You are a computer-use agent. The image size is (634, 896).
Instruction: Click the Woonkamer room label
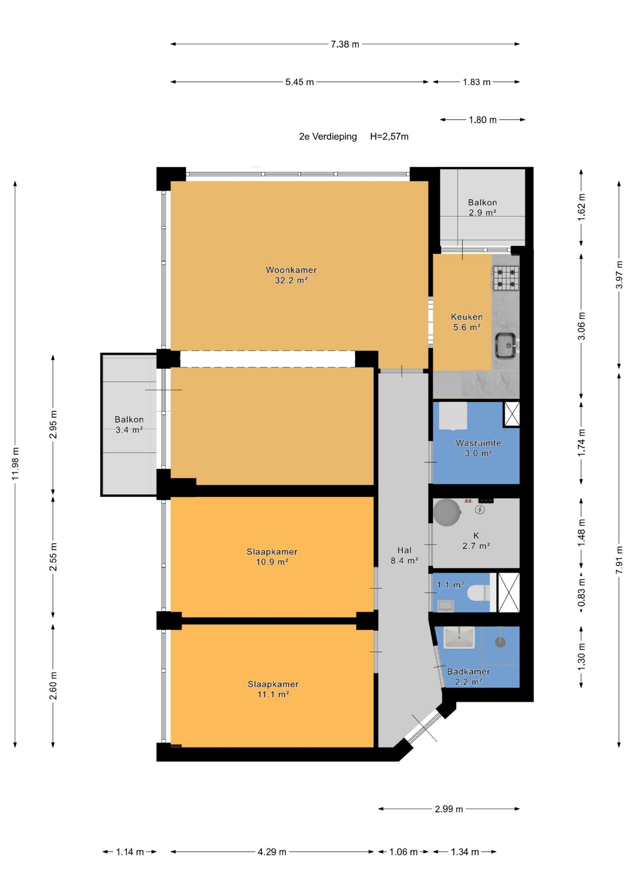291,270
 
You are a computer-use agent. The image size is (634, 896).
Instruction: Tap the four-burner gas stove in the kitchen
505,279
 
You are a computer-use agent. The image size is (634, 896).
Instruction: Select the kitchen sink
506,345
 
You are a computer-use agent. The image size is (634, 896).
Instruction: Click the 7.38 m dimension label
345,44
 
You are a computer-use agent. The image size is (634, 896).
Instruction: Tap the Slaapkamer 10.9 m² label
272,557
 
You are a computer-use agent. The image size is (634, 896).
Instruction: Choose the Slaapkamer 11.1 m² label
273,689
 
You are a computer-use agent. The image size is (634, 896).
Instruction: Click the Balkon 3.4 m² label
129,425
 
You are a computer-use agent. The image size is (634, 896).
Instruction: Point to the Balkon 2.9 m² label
483,207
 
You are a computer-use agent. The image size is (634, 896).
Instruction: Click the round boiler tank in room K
447,512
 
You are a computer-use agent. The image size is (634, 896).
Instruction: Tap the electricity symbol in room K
480,510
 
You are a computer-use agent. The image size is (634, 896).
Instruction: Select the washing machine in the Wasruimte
453,416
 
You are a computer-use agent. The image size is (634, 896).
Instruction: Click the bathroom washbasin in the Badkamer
459,637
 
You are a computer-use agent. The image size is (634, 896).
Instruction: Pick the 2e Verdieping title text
328,136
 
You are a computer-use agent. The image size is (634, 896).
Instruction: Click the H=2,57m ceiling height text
389,136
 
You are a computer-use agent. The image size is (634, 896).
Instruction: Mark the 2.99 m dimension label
449,809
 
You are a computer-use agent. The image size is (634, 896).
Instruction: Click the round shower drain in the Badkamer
500,642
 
